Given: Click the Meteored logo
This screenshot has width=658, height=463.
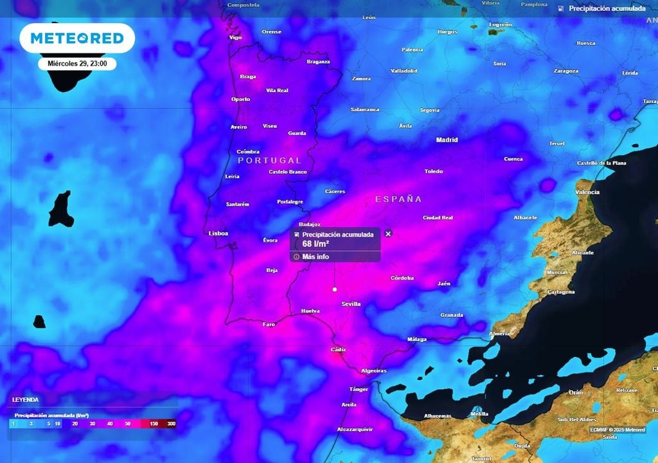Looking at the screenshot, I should (77, 39).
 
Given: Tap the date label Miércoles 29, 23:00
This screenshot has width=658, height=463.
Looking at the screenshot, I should (77, 64).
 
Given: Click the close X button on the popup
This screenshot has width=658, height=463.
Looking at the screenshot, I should (388, 234).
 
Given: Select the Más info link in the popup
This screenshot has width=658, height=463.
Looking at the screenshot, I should (316, 257).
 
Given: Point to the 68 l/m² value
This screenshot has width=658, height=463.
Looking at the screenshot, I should (316, 244).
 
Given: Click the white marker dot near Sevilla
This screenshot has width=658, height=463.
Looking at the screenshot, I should (335, 290).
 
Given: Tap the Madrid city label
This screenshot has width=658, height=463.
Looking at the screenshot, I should (447, 140).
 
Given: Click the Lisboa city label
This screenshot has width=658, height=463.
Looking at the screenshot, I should (218, 233).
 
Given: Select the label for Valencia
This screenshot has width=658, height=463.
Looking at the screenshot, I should (587, 192).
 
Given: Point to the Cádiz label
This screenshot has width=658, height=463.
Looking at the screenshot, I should (338, 350).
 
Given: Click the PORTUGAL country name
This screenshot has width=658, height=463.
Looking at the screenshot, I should (269, 160).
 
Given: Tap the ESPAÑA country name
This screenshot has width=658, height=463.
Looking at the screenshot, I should (398, 199).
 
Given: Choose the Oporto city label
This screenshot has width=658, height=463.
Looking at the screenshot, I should (240, 99).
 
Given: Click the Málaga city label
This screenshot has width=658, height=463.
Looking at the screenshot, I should (417, 339).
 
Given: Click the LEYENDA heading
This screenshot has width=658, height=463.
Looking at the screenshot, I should (26, 400).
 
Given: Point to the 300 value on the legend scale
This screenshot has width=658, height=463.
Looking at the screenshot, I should (172, 424).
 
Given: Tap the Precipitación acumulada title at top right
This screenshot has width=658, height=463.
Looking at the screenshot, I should (607, 9).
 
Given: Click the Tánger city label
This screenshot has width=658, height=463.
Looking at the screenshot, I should (359, 389).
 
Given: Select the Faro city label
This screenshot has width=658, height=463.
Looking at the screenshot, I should (269, 324).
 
